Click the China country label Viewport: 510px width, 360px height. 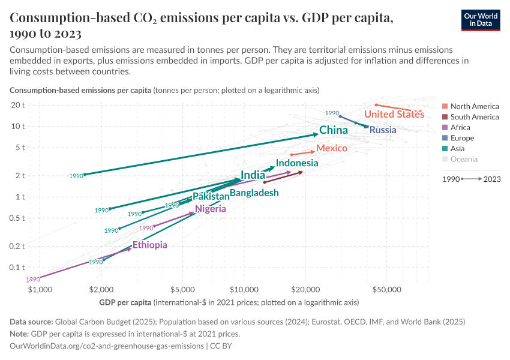tap(334, 130)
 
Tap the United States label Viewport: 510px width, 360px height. tap(394, 114)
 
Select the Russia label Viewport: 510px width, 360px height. tap(383, 130)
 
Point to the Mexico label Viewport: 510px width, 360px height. tap(332, 148)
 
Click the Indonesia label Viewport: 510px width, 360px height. tap(297, 163)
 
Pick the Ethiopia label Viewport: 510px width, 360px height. tap(150, 245)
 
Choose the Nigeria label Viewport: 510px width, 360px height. tap(211, 209)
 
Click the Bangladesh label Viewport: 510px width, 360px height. tap(254, 193)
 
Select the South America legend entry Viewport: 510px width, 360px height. tap(474, 117)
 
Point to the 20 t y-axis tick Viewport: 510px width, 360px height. tap(18, 105)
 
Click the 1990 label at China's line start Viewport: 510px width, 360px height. tap(76, 176)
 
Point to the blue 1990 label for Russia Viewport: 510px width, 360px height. tap(332, 113)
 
